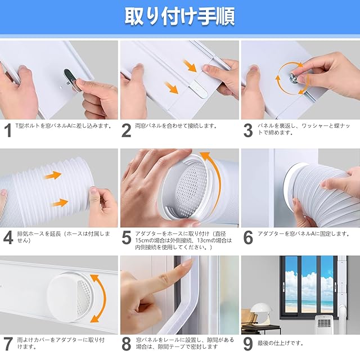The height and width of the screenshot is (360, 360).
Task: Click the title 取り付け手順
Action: pyautogui.click(x=180, y=16)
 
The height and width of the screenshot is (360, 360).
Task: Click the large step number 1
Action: pyautogui.click(x=8, y=130)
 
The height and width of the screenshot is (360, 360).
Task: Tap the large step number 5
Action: pyautogui.click(x=126, y=238)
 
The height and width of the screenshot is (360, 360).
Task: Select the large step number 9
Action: pyautogui.click(x=248, y=344)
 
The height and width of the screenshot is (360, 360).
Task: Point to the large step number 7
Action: pyautogui.click(x=7, y=344)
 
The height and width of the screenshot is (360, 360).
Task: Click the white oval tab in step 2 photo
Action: pyautogui.click(x=199, y=89)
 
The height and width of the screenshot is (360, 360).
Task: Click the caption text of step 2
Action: pyautogui.click(x=176, y=126)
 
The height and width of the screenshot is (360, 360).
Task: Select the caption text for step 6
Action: pyautogui.click(x=304, y=234)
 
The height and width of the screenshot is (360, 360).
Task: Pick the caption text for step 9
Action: pyautogui.click(x=280, y=343)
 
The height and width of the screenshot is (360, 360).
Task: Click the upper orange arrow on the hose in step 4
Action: pyautogui.click(x=53, y=175)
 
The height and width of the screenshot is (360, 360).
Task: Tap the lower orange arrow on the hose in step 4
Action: pyautogui.click(x=60, y=203)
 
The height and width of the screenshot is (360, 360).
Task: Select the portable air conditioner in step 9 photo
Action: pyautogui.click(x=323, y=324)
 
